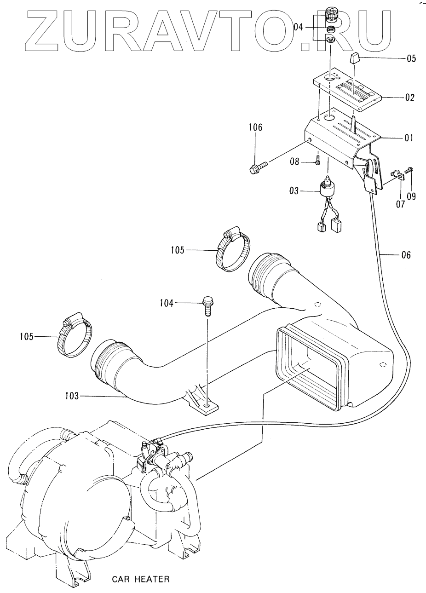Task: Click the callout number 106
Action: tap(255, 127)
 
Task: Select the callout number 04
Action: tap(298, 27)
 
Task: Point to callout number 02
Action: tap(409, 98)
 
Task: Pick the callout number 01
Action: tap(408, 138)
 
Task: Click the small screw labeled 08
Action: tap(318, 160)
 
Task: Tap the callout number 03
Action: tap(294, 191)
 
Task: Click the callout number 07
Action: tap(400, 204)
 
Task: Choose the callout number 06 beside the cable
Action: tap(406, 255)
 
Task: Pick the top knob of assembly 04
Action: tap(330, 16)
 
